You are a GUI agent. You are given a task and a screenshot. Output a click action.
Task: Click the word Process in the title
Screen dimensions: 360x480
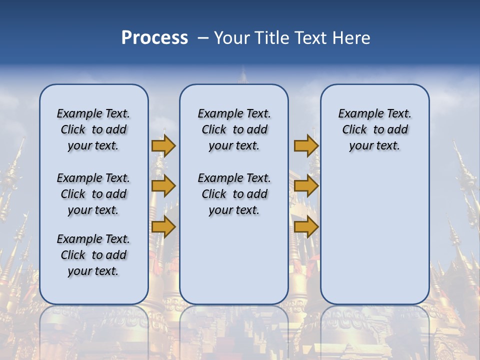pos(154,38)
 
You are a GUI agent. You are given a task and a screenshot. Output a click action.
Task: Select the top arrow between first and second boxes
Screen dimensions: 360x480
pos(163,145)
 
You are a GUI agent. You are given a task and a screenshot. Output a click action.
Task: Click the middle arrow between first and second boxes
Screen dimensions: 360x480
pos(163,186)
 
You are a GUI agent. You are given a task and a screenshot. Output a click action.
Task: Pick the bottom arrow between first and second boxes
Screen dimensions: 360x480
pos(163,227)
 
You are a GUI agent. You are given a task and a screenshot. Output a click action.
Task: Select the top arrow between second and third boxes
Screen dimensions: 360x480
pos(306,145)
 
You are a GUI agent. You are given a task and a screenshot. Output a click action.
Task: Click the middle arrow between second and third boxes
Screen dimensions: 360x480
pos(306,186)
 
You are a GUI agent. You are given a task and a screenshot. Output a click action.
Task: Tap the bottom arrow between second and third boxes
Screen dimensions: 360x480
pos(306,227)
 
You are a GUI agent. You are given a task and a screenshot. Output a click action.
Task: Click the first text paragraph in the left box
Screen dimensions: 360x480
pos(93,129)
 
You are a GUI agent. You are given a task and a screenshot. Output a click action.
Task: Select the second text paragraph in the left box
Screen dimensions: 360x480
pos(93,194)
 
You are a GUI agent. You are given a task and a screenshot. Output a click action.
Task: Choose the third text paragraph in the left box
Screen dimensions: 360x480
pos(93,255)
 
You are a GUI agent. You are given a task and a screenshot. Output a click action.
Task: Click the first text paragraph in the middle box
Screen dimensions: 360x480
pos(234,129)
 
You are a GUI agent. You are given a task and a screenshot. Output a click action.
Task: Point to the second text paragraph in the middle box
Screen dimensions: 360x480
pos(234,194)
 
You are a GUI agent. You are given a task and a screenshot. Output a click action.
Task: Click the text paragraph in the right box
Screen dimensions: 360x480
pos(374,129)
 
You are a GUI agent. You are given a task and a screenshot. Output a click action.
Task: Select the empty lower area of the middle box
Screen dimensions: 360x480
pos(234,260)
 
